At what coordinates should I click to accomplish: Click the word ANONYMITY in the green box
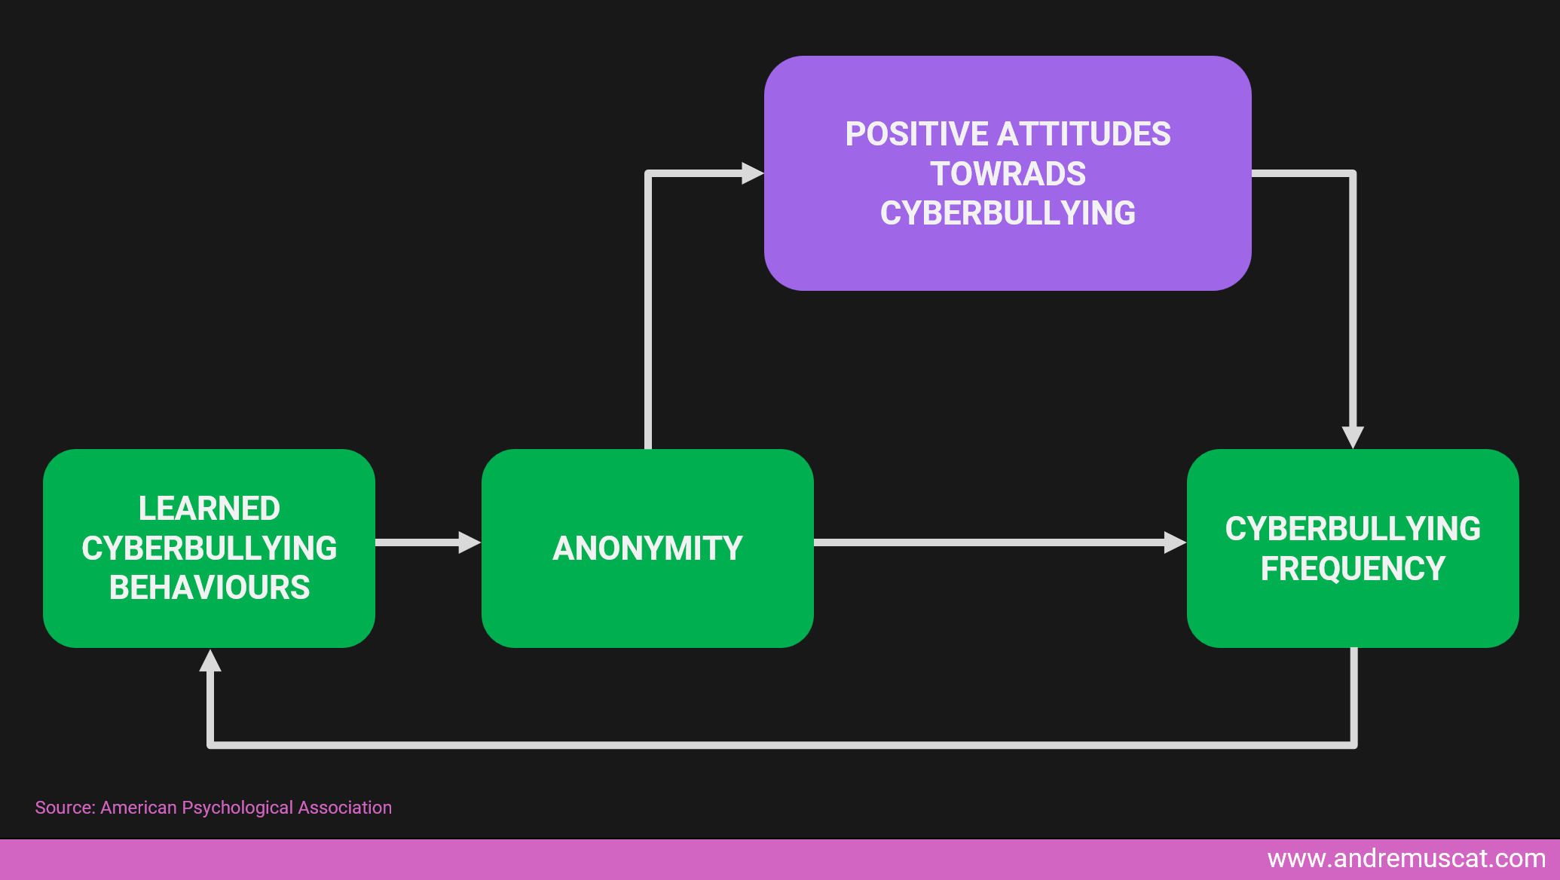click(x=647, y=548)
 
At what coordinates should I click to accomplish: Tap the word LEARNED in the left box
click(x=210, y=509)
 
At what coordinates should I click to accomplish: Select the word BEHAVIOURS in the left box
click(x=210, y=588)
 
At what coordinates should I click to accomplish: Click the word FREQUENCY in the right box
click(x=1353, y=569)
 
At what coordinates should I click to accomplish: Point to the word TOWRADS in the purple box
click(x=1008, y=174)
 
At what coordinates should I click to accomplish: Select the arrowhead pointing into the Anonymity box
click(x=470, y=542)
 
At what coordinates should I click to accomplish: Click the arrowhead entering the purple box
click(x=752, y=173)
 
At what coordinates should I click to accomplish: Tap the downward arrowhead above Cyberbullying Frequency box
click(x=1353, y=437)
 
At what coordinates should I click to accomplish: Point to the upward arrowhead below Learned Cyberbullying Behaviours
click(x=210, y=661)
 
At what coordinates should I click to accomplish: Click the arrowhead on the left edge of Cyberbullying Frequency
click(x=1175, y=542)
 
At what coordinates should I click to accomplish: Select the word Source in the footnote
click(x=64, y=808)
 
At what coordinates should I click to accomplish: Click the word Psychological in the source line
click(x=237, y=808)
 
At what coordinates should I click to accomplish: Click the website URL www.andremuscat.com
click(x=1406, y=859)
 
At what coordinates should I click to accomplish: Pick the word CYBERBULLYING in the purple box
click(x=1008, y=213)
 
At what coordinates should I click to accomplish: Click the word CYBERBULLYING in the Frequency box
click(x=1353, y=529)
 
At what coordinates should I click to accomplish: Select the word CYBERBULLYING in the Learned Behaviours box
click(x=210, y=548)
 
